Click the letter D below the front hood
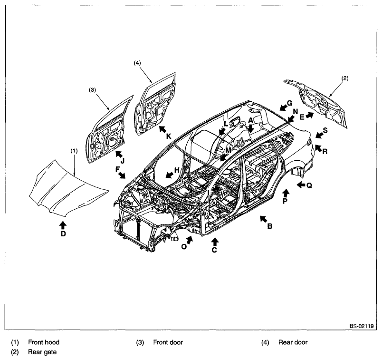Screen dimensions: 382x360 pyautogui.click(x=63, y=234)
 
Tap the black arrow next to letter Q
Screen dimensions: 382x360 pyautogui.click(x=301, y=185)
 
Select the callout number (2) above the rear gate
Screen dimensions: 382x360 pyautogui.click(x=345, y=78)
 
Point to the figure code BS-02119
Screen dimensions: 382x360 pyautogui.click(x=362, y=326)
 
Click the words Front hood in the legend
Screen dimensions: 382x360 pyautogui.click(x=44, y=342)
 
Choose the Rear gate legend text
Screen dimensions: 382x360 pyautogui.click(x=42, y=352)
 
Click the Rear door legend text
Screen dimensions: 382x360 pyautogui.click(x=293, y=342)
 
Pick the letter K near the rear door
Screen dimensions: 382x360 pyautogui.click(x=169, y=136)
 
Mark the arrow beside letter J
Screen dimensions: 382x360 pyautogui.click(x=119, y=155)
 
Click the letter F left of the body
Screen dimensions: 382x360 pyautogui.click(x=118, y=169)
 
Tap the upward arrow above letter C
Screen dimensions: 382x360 pyautogui.click(x=215, y=242)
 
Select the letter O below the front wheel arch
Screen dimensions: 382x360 pyautogui.click(x=184, y=247)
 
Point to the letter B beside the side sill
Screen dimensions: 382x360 pyautogui.click(x=270, y=226)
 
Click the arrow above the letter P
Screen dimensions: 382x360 pyautogui.click(x=286, y=194)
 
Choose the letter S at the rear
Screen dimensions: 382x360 pyautogui.click(x=325, y=130)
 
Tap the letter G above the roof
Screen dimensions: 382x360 pyautogui.click(x=289, y=103)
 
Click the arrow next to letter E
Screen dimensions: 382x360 pyautogui.click(x=310, y=115)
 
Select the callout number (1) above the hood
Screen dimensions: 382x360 pyautogui.click(x=74, y=151)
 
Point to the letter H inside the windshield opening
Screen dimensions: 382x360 pyautogui.click(x=177, y=170)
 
